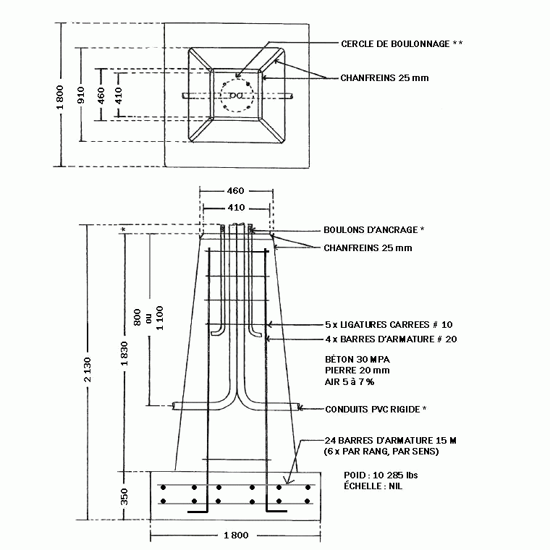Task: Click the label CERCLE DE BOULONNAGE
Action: (395, 44)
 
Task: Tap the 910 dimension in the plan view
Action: (81, 95)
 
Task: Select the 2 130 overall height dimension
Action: (88, 369)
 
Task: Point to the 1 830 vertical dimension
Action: (124, 354)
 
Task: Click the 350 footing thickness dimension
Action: (124, 496)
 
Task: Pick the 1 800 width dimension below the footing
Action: (236, 536)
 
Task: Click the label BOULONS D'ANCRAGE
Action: (371, 230)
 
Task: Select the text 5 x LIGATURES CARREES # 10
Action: (389, 324)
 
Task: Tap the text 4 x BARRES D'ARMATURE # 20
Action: (391, 339)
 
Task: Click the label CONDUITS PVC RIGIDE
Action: (373, 410)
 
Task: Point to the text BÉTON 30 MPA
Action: (357, 360)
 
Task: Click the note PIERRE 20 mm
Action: (357, 371)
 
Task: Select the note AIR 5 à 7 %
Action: (350, 381)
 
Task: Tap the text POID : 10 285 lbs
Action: (381, 475)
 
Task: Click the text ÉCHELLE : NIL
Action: (373, 486)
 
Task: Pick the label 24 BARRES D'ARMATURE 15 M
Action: (390, 441)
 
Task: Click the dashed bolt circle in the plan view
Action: (237, 79)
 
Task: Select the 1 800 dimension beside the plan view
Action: (60, 97)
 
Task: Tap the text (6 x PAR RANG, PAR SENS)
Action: (381, 452)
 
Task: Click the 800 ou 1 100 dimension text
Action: (149, 318)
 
